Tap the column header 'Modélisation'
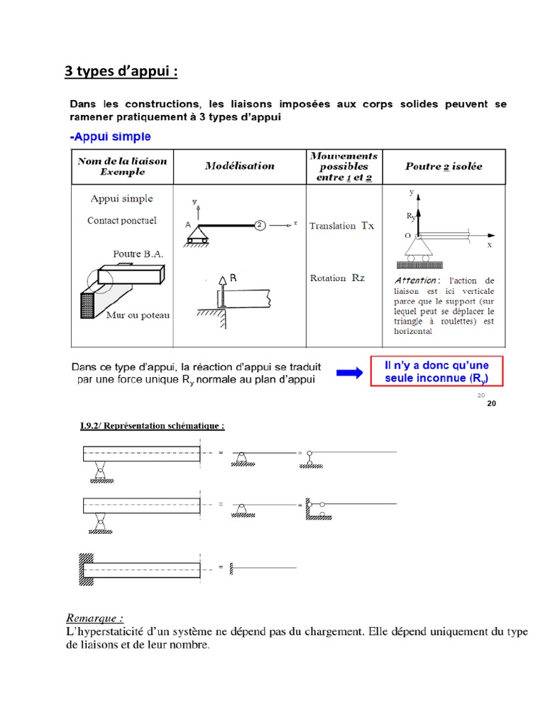point(239,165)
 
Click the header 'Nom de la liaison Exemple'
point(122,166)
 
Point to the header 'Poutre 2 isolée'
point(444,166)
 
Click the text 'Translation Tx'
point(341,226)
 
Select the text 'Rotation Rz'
point(337,278)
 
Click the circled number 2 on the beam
point(260,224)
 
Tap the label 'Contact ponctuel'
point(121,221)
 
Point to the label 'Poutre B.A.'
point(137,253)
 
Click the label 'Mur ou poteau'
point(139,315)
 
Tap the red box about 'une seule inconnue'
point(436,371)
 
